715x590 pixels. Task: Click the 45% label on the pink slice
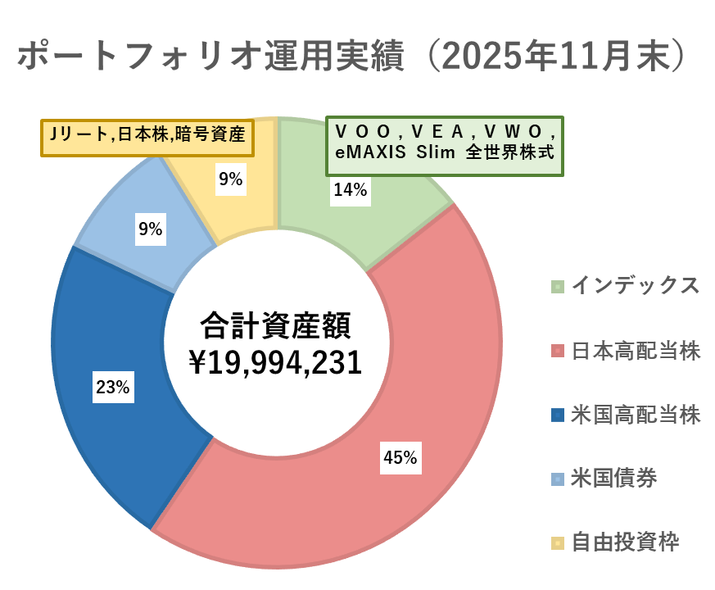[400, 458]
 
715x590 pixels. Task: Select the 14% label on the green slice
[351, 190]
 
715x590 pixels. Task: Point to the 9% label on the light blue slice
[150, 230]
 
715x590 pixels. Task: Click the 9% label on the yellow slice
[230, 179]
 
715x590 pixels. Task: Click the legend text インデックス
[635, 285]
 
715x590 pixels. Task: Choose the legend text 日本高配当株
[635, 351]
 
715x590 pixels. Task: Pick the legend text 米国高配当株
[635, 415]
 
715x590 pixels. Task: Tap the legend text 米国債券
[613, 478]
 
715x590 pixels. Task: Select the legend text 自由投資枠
[624, 542]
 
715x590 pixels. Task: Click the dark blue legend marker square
[558, 415]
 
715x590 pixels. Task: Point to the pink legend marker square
[558, 351]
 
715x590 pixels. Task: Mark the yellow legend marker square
[558, 542]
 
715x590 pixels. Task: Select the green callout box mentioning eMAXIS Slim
[446, 145]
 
